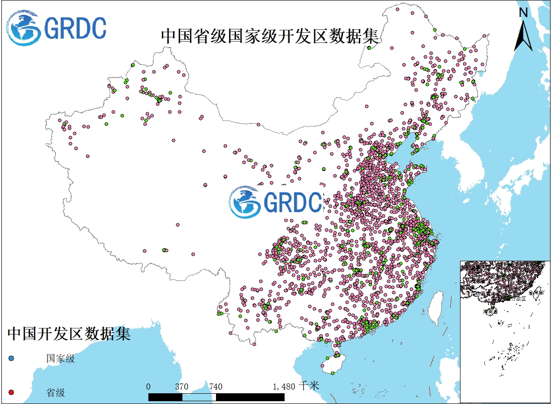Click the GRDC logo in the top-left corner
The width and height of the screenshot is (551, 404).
[x=56, y=28]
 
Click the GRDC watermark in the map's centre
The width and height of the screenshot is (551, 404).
[x=275, y=202]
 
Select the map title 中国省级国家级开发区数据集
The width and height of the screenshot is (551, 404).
[x=269, y=36]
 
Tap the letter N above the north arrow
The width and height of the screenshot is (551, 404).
[x=523, y=13]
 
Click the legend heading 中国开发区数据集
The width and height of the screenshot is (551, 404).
[x=69, y=334]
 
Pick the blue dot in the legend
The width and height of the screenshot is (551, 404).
[x=12, y=358]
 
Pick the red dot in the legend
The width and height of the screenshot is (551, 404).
[x=12, y=391]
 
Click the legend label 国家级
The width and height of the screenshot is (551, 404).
[x=60, y=359]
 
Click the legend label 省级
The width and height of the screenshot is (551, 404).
[x=56, y=392]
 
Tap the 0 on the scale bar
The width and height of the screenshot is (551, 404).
[x=148, y=386]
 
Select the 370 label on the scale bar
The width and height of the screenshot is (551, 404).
[x=182, y=386]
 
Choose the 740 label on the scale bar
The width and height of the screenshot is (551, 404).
[x=216, y=386]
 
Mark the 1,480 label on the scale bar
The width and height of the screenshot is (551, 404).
[x=284, y=386]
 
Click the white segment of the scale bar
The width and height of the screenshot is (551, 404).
[x=199, y=397]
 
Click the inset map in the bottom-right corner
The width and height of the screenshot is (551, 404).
[x=505, y=331]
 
